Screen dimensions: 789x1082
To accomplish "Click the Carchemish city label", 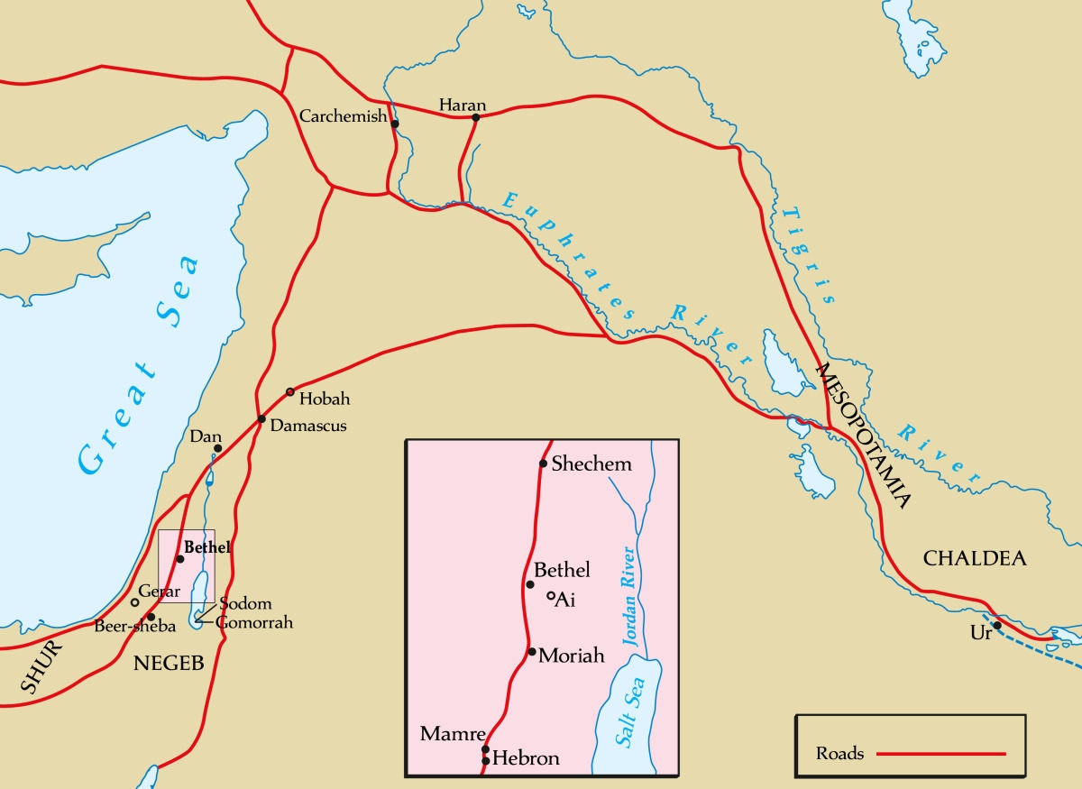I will (x=343, y=117).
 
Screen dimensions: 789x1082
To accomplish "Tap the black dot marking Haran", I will (x=476, y=117).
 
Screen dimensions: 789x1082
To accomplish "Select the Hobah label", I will (x=325, y=399).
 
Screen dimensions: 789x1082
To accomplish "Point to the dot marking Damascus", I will (x=261, y=419).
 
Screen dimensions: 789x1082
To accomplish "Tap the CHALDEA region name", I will (x=975, y=559).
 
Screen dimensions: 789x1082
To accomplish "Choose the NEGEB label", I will (x=169, y=665).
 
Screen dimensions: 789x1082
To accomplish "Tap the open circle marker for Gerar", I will (x=135, y=602).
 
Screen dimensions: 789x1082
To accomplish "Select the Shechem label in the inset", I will (x=591, y=464).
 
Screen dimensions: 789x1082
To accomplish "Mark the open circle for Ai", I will (x=551, y=595).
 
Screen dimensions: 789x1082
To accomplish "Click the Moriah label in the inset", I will (x=571, y=656).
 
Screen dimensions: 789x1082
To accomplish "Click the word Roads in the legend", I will (x=839, y=753).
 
